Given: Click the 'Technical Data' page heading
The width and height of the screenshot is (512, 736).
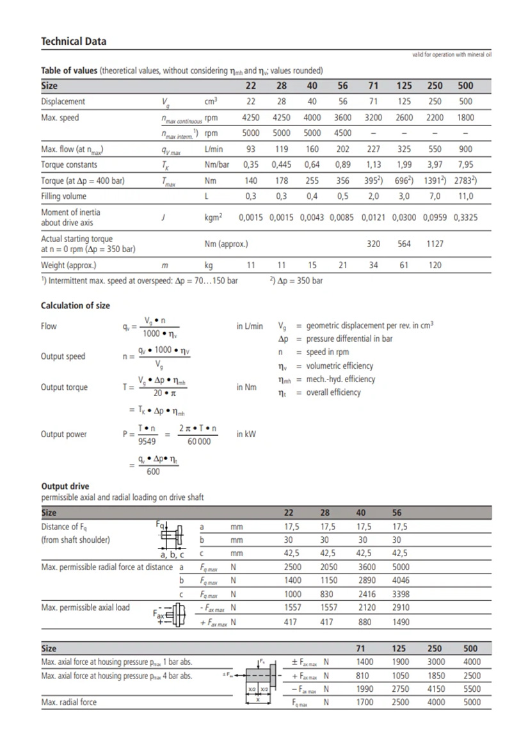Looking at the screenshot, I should coord(74,42).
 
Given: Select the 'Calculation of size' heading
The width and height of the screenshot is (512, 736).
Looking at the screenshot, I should coord(76,305).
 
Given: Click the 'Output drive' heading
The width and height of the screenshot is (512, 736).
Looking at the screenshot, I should coord(65,486).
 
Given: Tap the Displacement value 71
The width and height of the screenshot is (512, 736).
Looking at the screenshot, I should coord(373,101).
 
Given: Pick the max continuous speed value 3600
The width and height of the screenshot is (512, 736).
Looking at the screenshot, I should coord(342,118).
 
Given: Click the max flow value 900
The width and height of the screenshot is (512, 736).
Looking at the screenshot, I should coord(465,149).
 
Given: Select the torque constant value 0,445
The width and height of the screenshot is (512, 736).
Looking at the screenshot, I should coord(282,164).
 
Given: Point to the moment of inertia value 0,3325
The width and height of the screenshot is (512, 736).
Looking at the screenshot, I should coord(465,218).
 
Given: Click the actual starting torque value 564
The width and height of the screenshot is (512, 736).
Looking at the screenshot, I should coord(404,243).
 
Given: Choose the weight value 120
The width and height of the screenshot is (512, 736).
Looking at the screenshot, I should coord(435,265).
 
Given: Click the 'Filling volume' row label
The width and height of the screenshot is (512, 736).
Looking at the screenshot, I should coord(63,196).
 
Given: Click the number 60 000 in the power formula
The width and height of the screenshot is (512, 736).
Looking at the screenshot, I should coord(198,441).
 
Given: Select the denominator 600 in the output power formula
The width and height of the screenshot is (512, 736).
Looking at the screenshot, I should coord(153,472).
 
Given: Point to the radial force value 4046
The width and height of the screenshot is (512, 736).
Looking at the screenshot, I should coord(401,580).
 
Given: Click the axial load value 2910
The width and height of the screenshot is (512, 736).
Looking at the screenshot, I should coord(401,607).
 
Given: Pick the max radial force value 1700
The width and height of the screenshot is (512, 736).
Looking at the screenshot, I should coord(365,702).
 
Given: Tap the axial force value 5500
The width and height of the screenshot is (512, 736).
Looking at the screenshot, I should coord(471,689).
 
